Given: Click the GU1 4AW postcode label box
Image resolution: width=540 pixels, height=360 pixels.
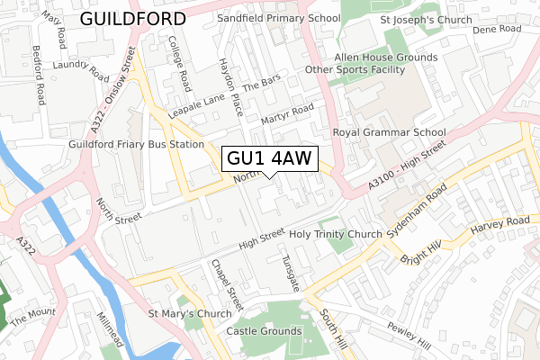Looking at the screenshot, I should [269, 159].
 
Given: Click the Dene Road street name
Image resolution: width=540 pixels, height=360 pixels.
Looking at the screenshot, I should [497, 30].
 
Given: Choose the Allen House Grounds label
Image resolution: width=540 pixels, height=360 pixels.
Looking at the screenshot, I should [386, 57].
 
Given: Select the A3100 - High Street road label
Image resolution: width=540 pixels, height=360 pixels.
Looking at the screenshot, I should [406, 168].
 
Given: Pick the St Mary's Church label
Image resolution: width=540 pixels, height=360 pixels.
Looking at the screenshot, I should [190, 315].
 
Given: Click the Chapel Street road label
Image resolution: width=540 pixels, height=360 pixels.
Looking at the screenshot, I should [221, 285].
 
